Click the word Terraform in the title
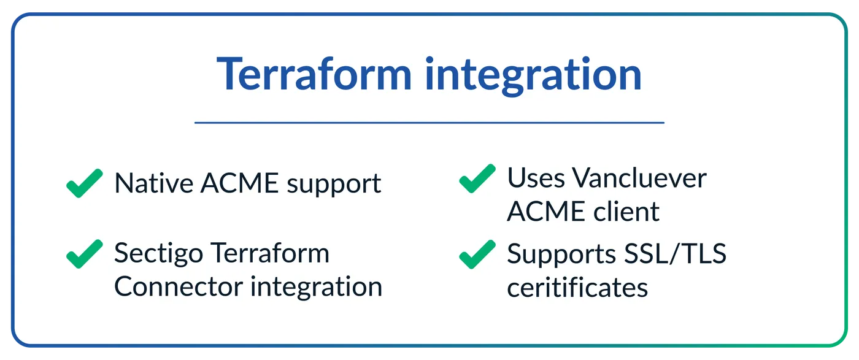314,74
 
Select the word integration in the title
533,76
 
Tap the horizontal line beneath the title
429,123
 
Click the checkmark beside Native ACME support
85,183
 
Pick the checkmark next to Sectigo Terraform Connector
85,254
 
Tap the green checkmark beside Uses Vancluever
477,178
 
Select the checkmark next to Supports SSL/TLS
477,255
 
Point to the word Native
154,183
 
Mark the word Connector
179,286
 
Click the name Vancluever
639,178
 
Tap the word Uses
536,178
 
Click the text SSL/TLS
676,253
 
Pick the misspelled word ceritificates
577,287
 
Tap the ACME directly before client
547,211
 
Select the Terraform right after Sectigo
270,253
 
